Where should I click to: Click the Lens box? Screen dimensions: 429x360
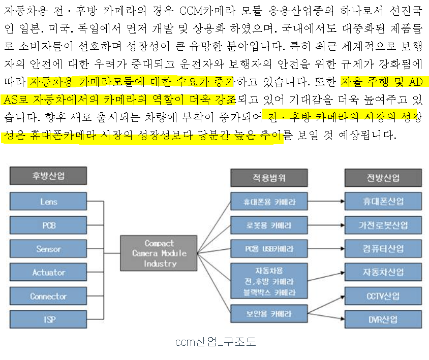[x=49, y=202]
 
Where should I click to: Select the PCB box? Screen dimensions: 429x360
[x=49, y=225]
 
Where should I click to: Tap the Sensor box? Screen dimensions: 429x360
[x=49, y=249]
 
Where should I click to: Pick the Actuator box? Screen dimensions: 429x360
[x=49, y=273]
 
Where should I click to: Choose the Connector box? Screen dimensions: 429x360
[x=49, y=296]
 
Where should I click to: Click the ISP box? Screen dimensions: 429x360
[x=49, y=319]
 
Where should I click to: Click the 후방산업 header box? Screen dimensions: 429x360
[x=49, y=176]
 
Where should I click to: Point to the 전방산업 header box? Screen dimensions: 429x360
[x=383, y=178]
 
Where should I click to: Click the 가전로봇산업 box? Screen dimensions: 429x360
[x=383, y=225]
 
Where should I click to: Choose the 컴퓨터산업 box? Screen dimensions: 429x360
[x=383, y=249]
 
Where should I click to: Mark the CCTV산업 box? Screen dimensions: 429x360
[x=383, y=296]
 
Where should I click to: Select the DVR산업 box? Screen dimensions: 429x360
[x=383, y=319]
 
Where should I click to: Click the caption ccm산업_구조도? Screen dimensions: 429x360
[x=216, y=342]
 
